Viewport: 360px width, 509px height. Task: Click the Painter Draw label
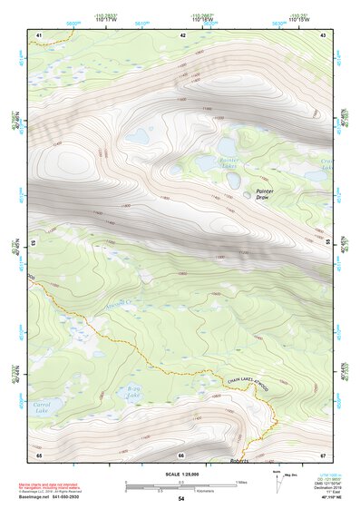[x=265, y=194]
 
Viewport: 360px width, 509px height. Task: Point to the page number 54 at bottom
[x=180, y=499]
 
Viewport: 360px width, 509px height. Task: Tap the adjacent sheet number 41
[x=39, y=34]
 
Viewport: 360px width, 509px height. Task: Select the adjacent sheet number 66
[x=180, y=455]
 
